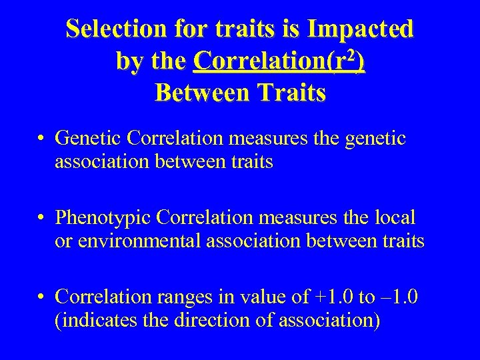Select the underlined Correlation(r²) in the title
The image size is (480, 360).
pos(278,61)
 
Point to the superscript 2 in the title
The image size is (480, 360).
pos(351,55)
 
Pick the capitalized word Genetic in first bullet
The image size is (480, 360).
pos(88,138)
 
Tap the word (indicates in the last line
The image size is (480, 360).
pos(86,321)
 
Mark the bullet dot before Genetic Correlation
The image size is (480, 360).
pos(41,139)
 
